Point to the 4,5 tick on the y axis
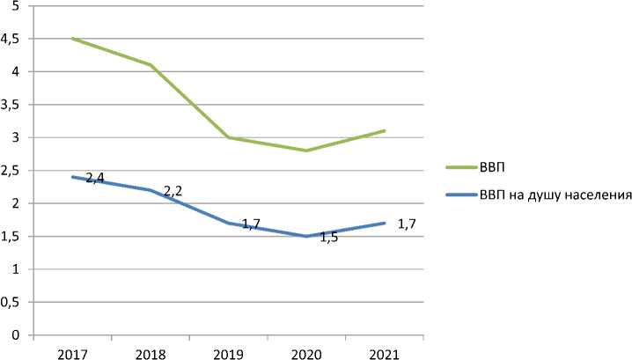[11, 40]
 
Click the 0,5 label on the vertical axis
[11, 303]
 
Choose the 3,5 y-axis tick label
[11, 106]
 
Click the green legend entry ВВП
[495, 165]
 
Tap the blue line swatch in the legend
[460, 195]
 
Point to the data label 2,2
[173, 191]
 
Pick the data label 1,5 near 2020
[328, 238]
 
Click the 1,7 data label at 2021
[406, 224]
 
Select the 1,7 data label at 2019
[250, 225]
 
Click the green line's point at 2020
[306, 151]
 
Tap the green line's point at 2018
[151, 65]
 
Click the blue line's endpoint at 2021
[385, 223]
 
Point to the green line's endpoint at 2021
[385, 131]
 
